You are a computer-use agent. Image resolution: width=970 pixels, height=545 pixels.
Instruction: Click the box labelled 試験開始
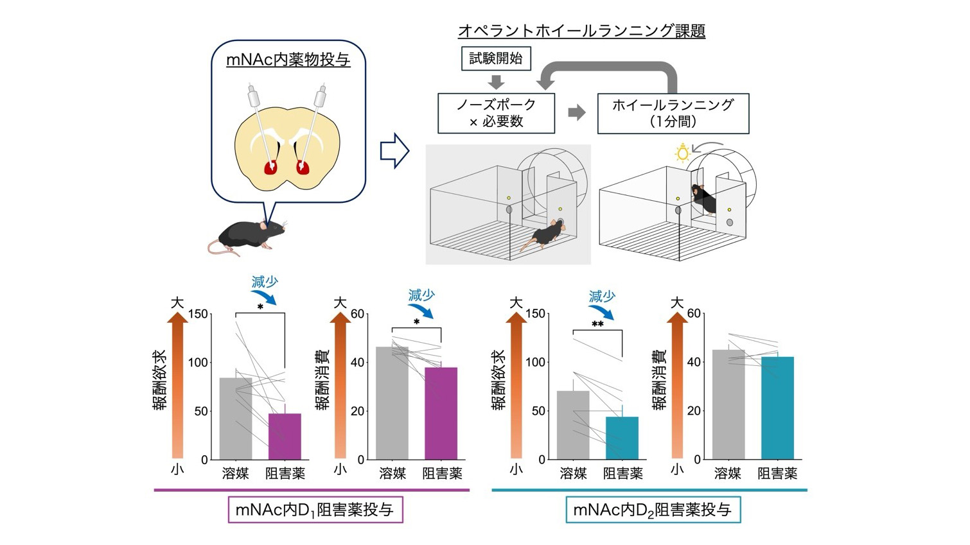pos(496,58)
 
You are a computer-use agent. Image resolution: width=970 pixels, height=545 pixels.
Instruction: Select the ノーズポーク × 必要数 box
pos(497,113)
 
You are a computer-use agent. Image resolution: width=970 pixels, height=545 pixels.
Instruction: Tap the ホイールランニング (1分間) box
pos(673,113)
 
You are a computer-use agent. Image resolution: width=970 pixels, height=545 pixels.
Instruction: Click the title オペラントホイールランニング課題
pos(581,31)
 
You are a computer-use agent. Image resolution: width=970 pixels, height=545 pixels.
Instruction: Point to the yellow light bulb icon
pos(683,152)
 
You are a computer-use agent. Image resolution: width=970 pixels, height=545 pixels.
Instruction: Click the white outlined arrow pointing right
pos(394,151)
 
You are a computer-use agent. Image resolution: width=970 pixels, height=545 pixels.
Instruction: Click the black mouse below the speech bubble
pos(247,237)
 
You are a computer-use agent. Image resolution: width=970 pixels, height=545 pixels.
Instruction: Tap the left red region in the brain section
pos(271,168)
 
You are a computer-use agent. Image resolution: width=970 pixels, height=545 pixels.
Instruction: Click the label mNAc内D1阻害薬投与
pos(315,510)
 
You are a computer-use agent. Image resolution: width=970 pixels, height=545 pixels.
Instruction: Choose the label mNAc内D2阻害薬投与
pos(653,510)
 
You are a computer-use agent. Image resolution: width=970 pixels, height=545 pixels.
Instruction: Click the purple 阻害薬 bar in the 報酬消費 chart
pos(441,413)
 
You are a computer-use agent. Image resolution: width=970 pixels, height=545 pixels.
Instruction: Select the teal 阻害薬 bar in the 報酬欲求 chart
pos(622,438)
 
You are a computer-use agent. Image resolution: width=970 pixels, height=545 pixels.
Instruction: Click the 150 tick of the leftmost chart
pos(198,314)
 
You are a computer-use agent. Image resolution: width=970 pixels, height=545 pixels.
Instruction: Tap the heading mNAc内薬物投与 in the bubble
pos(288,60)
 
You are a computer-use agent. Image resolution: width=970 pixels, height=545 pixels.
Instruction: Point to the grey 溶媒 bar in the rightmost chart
pos(728,404)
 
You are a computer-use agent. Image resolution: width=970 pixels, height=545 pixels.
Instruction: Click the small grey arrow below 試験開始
pos(497,82)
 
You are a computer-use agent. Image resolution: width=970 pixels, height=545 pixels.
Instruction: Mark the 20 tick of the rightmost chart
pos(694,411)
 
